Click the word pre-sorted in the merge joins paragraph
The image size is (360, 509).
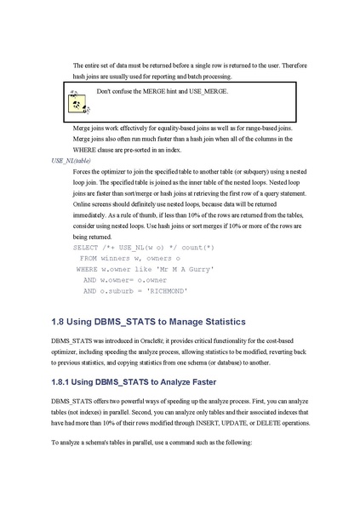197,150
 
